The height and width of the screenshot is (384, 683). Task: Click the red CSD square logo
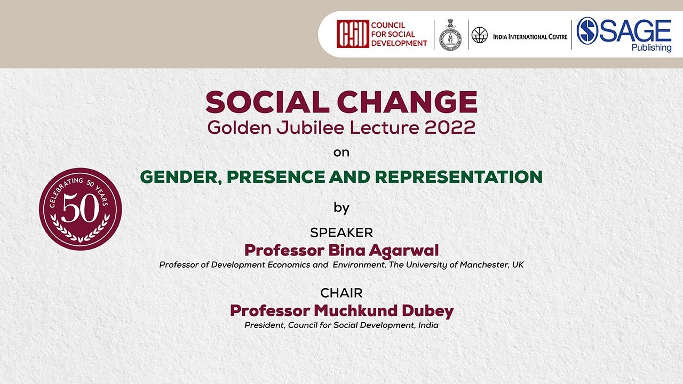click(353, 34)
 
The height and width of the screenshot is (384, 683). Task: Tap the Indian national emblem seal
click(450, 35)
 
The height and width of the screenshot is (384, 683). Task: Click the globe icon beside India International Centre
click(479, 35)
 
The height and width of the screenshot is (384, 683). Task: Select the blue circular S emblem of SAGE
click(587, 31)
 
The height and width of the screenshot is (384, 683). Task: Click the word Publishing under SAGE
click(652, 48)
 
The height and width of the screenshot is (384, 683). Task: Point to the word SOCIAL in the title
click(267, 102)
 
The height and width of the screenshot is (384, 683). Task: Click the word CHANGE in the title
click(407, 102)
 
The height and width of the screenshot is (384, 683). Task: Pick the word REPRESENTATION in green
click(458, 177)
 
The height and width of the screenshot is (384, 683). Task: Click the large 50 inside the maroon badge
click(81, 208)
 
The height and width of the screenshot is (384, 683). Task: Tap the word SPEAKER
click(341, 233)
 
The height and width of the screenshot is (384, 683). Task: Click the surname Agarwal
click(404, 251)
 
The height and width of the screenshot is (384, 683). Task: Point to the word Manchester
click(483, 265)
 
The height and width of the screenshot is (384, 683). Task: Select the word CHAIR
click(341, 293)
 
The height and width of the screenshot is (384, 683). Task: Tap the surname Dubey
click(428, 311)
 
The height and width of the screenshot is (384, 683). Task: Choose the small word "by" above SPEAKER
click(341, 208)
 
